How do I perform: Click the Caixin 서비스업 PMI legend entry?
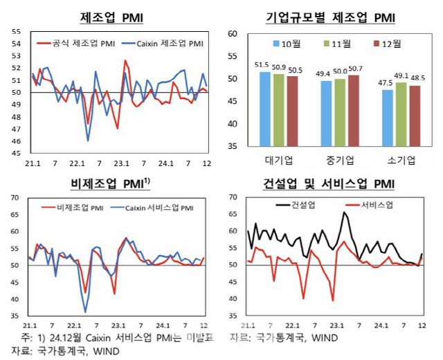point(155,207)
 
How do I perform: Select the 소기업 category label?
point(400,160)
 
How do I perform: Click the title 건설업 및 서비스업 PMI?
point(330,183)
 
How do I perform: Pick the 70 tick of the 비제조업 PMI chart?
point(16,198)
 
